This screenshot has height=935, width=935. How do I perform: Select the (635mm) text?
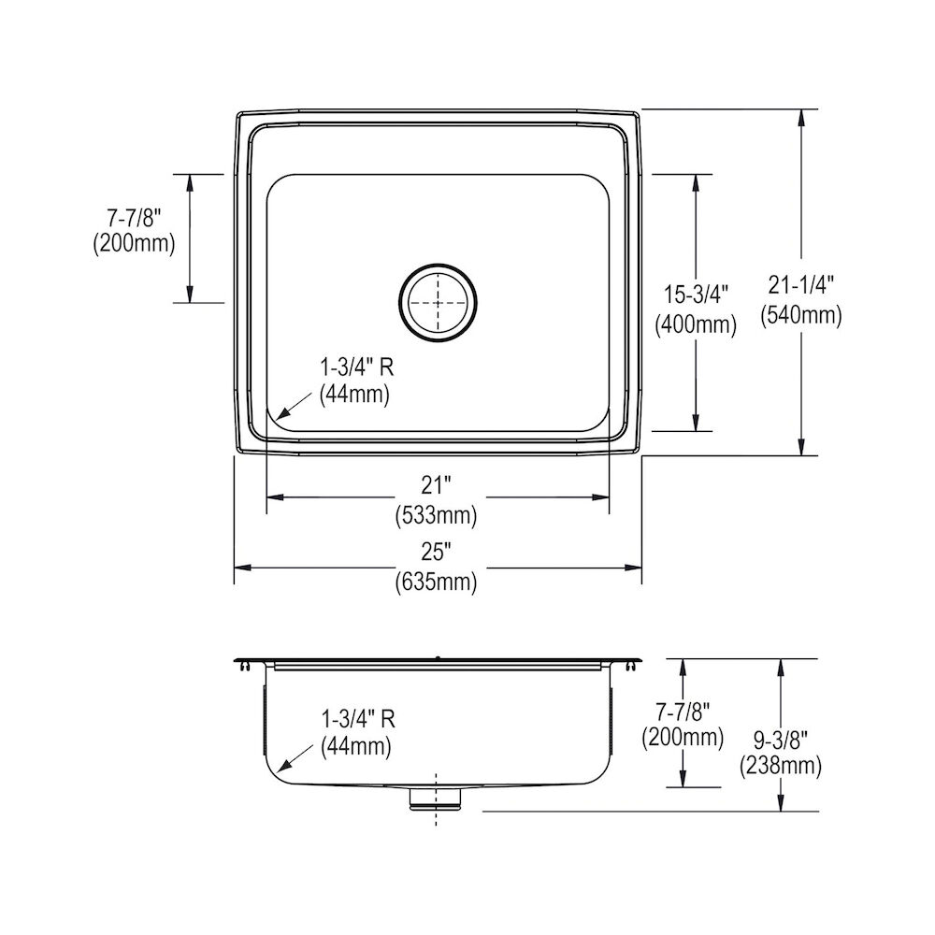pos(436,583)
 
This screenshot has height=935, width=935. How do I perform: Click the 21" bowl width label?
pos(436,484)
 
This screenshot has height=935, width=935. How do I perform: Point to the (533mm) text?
pos(436,513)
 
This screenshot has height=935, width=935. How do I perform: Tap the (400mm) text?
pos(695,325)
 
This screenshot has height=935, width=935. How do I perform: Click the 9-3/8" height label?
pos(780,738)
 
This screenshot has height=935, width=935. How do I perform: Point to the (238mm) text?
pos(780,767)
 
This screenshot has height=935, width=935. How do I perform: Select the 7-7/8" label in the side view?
pos(683,709)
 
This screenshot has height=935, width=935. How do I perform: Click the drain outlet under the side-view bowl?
pos(437,796)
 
